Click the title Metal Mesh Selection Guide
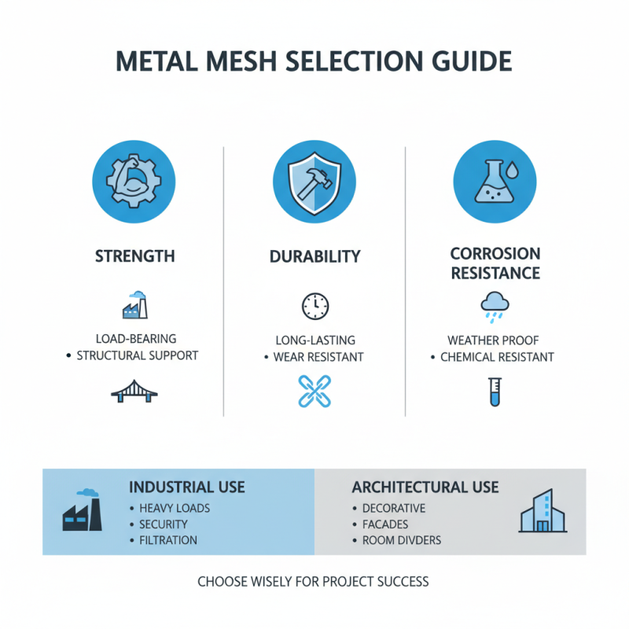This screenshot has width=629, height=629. tap(314, 62)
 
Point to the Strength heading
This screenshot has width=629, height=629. tap(134, 256)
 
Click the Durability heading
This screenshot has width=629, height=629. tap(314, 256)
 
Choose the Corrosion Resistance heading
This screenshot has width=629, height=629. tap(495, 263)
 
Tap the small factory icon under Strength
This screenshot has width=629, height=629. tap(134, 305)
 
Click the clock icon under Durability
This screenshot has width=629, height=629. tap(314, 306)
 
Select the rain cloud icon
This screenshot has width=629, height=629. tap(495, 307)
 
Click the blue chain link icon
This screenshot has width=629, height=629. tap(314, 391)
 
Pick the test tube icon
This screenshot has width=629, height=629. tap(495, 391)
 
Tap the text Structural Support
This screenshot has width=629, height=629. tap(137, 355)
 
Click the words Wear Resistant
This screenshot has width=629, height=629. tap(318, 357)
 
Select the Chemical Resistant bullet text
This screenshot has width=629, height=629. tap(497, 357)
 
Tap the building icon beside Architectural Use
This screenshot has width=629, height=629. tap(542, 512)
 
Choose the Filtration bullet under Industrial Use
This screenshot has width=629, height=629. tap(167, 540)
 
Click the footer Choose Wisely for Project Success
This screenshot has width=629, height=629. tap(314, 582)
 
